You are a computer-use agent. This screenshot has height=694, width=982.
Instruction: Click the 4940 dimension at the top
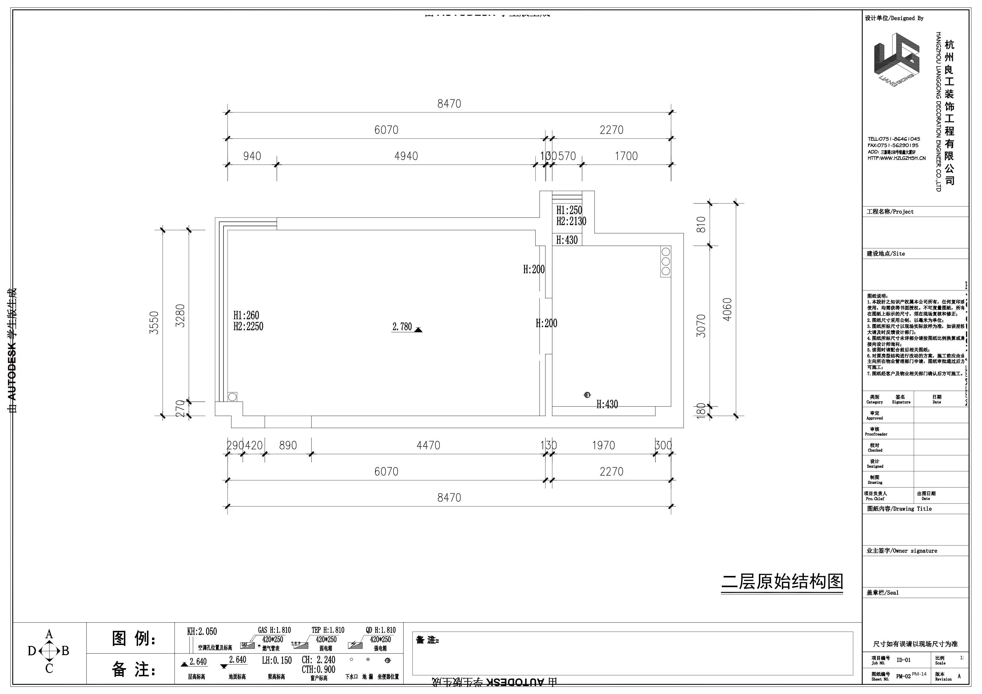coord(406,156)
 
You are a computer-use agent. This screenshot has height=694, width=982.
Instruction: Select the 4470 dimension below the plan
coord(428,446)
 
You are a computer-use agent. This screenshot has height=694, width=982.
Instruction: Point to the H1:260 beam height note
coord(246,315)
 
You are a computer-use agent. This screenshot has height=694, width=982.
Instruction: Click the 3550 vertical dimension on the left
coord(154,323)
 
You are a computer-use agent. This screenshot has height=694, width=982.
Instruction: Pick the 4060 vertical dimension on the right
coord(727,309)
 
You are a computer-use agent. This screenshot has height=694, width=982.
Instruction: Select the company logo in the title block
coord(896,60)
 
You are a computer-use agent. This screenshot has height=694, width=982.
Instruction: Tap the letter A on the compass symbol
coord(49,634)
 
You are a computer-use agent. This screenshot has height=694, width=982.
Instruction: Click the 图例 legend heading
coord(134,639)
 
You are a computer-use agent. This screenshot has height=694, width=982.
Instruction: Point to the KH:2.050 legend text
coord(202,632)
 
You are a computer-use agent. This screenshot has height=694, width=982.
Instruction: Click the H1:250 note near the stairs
coord(569,210)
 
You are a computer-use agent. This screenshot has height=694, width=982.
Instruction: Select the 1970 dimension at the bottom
coord(603,446)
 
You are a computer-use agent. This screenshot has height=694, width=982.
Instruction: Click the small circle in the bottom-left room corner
coord(232,397)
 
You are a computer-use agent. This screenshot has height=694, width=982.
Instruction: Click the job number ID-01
coord(903,660)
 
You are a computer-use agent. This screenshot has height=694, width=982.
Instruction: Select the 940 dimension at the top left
coord(252,156)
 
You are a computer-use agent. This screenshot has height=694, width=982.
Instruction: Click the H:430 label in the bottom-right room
coord(607,404)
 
